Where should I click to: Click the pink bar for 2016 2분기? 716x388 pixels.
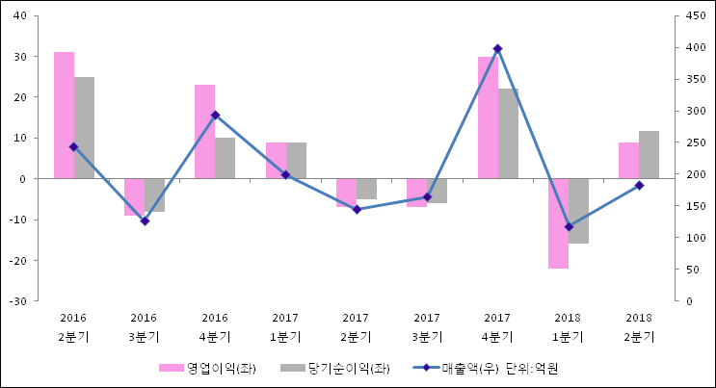click(64, 116)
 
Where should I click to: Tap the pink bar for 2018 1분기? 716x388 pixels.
click(559, 223)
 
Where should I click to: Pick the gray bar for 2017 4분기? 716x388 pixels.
click(508, 134)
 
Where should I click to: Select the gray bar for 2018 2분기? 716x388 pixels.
click(649, 155)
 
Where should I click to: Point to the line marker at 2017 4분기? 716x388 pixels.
click(497, 48)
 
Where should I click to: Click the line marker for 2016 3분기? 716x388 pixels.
click(145, 221)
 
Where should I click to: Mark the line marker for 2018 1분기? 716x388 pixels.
click(569, 227)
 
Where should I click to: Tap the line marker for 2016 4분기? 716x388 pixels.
click(215, 115)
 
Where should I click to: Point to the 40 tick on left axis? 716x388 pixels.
click(20, 16)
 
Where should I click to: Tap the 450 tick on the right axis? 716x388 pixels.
click(699, 16)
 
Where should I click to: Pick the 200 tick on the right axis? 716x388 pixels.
click(699, 174)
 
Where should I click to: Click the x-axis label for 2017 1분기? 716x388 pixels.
click(285, 327)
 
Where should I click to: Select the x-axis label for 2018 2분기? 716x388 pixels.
click(638, 327)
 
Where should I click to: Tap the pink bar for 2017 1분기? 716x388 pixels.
click(276, 161)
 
